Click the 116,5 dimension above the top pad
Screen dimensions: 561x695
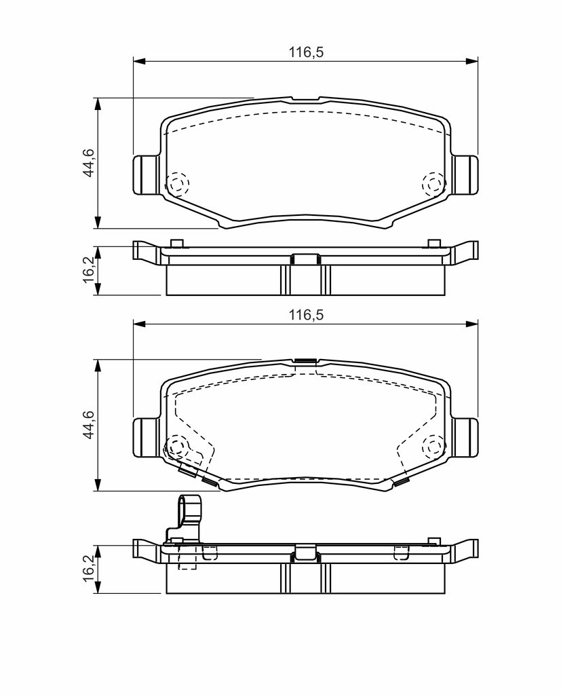306,52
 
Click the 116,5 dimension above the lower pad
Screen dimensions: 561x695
306,315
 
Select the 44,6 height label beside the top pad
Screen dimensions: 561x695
89,163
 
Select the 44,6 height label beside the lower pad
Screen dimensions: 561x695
89,425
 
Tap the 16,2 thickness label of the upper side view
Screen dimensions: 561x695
89,269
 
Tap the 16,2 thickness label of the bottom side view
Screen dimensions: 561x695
89,569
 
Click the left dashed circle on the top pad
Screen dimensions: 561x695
177,183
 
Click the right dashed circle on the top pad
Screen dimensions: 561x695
434,183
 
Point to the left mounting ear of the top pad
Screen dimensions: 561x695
146,174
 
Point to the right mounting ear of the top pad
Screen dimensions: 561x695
465,174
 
